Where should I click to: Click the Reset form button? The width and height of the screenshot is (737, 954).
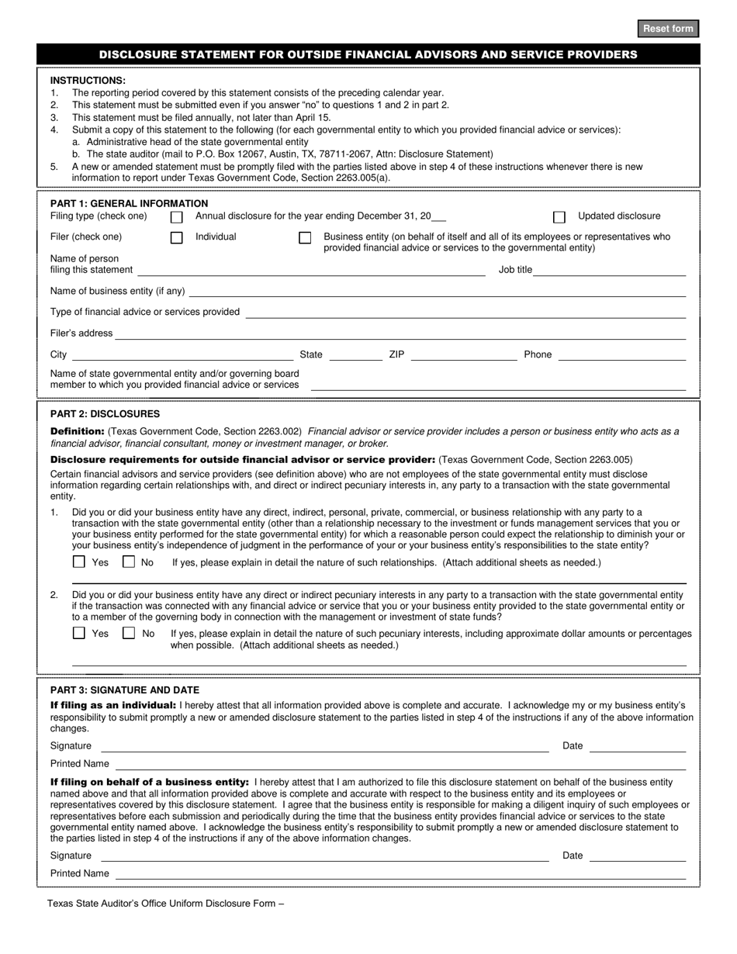(x=667, y=29)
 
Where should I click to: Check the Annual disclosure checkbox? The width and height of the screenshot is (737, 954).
(x=177, y=217)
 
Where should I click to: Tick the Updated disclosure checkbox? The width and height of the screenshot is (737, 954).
(x=559, y=217)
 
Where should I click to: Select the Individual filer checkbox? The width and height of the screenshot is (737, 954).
(x=177, y=238)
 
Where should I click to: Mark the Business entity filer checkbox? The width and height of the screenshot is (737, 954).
(x=305, y=238)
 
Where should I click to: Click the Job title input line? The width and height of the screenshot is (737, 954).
(x=611, y=269)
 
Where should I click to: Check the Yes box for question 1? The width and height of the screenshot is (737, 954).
(x=79, y=562)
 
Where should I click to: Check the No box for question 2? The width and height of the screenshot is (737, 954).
(x=129, y=634)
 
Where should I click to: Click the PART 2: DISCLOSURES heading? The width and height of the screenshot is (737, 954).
(x=105, y=414)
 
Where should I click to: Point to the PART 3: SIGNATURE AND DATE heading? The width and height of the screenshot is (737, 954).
(x=124, y=690)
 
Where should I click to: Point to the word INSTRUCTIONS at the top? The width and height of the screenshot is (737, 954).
(x=88, y=80)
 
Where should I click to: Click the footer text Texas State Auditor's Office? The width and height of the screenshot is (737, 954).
(x=165, y=903)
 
